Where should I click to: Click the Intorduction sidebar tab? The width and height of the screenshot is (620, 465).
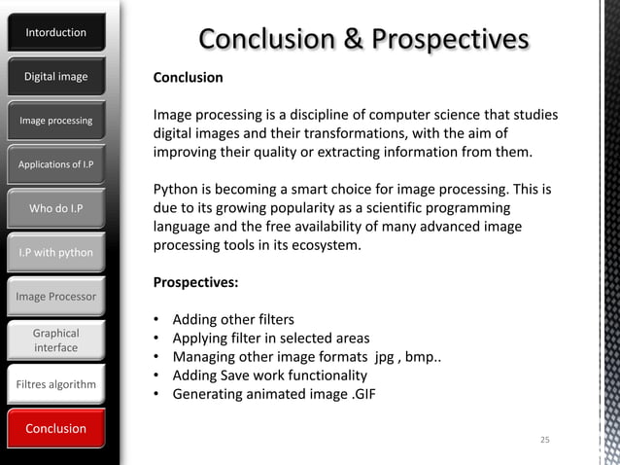coord(55,33)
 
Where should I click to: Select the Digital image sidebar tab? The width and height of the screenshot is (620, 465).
coord(55,77)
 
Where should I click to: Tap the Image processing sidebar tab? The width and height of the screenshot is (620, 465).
coord(55,121)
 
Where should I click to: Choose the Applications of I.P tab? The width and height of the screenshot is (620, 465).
coord(55,164)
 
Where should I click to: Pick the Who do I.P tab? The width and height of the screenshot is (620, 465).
coord(55,208)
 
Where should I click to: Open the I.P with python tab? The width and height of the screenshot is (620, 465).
coord(55,253)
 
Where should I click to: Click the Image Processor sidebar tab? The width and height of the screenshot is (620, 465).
coord(55,296)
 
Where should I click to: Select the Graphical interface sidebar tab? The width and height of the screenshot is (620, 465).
coord(55,340)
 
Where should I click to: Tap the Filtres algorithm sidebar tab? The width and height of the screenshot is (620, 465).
coord(55,385)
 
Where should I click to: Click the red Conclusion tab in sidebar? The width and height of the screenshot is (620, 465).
coord(55,429)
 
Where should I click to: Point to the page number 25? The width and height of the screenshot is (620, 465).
coord(544,442)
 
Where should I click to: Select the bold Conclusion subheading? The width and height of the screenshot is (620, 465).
coord(188,78)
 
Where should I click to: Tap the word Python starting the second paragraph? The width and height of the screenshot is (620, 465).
coord(175,189)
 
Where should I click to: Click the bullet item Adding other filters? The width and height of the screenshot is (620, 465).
coord(232,320)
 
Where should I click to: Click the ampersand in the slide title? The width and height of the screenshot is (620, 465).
coord(352,39)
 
